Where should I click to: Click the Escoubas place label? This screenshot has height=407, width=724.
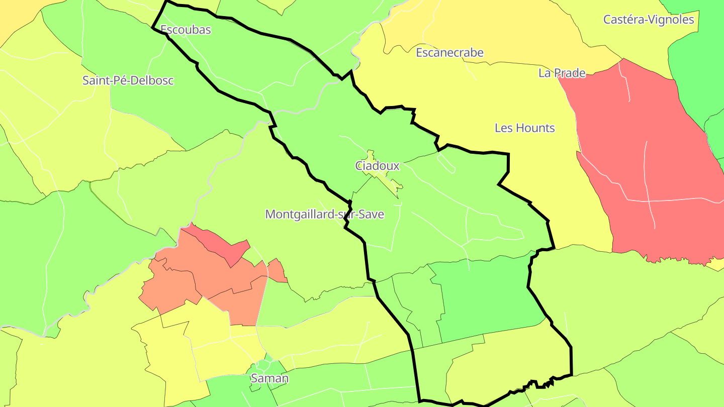(x=186, y=30)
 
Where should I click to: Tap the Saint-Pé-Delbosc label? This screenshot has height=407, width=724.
(x=128, y=80)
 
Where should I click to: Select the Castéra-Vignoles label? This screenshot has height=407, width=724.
(x=649, y=20)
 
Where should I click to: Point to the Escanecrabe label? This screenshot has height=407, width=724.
(x=449, y=52)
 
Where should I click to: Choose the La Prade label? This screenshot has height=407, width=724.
(x=562, y=73)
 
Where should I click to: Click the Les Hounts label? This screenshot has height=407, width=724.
(x=524, y=128)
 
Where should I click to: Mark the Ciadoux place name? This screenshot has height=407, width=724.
(x=377, y=166)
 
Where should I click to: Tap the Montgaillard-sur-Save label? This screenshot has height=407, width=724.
(x=324, y=215)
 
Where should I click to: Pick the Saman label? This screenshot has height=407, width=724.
(x=270, y=378)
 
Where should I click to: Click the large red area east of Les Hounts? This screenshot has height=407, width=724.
(x=649, y=166)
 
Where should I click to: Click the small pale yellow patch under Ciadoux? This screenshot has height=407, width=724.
(x=387, y=178)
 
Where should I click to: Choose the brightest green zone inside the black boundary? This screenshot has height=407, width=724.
(x=483, y=296)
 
